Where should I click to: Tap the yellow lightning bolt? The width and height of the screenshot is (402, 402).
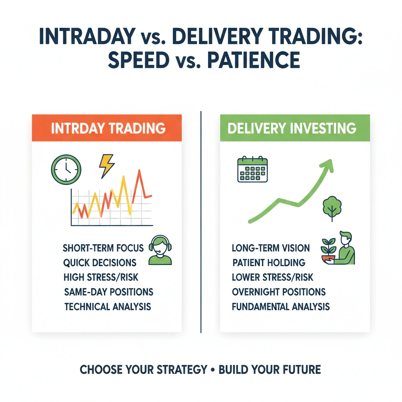[x=106, y=165]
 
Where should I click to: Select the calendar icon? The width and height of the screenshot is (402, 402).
[x=252, y=170]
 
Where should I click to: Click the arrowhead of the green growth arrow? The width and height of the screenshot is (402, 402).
[x=327, y=165]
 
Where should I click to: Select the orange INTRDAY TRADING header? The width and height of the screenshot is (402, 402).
[x=107, y=128]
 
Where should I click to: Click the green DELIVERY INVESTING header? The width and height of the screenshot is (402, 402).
[x=295, y=128]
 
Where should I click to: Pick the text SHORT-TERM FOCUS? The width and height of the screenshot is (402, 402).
[x=103, y=248]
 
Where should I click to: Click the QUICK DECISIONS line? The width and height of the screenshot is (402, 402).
[x=100, y=263]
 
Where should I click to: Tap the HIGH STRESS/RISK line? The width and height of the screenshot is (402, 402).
[x=101, y=277]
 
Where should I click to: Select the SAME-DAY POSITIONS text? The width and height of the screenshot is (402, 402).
[x=108, y=292]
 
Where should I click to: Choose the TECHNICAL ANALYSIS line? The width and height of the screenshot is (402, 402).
[x=107, y=307]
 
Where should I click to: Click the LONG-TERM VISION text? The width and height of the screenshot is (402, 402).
[x=270, y=248]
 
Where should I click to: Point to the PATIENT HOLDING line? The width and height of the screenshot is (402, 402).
[x=269, y=263]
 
